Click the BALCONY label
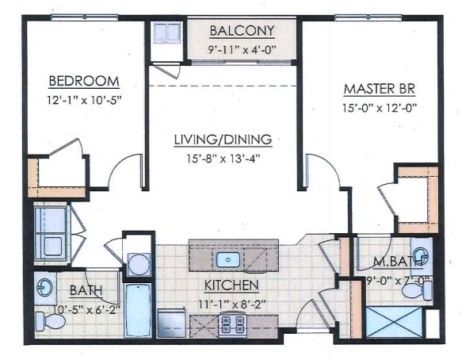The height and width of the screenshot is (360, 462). [x=242, y=31]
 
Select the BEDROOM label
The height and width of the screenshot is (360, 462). [x=84, y=81]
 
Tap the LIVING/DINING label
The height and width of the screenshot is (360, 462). [x=223, y=140]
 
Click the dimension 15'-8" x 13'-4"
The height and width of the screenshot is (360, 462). [x=223, y=158]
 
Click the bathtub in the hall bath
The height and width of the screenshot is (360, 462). [x=137, y=310]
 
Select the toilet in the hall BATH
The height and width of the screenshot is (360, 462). [x=49, y=321]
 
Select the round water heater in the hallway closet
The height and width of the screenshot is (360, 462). [x=139, y=262]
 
